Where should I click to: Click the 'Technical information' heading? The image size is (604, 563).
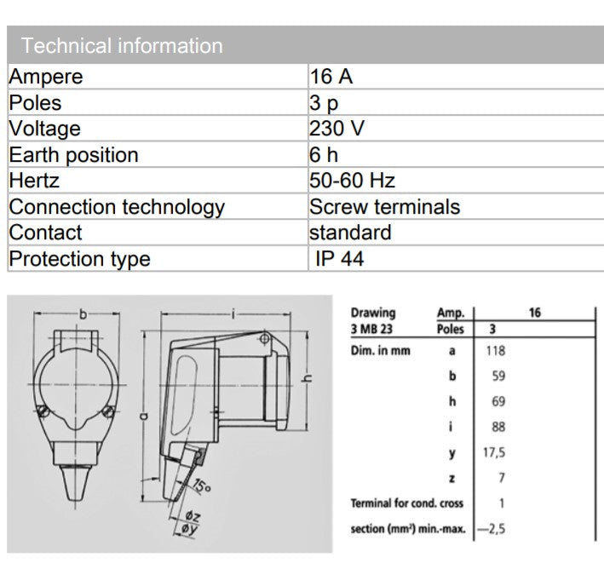pos(122,46)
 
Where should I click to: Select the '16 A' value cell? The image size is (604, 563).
pos(331,77)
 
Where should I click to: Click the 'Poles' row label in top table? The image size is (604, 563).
pos(35,103)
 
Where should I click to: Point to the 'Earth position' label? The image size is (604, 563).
pos(73,155)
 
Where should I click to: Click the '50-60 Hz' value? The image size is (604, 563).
pos(352,181)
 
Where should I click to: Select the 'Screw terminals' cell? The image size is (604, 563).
pos(384,207)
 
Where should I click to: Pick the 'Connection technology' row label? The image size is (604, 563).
pos(117,207)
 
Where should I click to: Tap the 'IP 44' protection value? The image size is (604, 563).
pos(339,259)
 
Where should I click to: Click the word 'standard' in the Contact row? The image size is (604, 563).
pos(350,233)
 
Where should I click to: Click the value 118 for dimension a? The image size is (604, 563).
pos(494,350)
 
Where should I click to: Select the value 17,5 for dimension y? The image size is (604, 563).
pos(494,453)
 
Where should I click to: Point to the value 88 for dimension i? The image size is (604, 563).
pos(494,428)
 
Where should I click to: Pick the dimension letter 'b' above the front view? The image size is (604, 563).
pos(83,314)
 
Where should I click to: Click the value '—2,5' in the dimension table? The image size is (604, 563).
pos(491,529)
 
